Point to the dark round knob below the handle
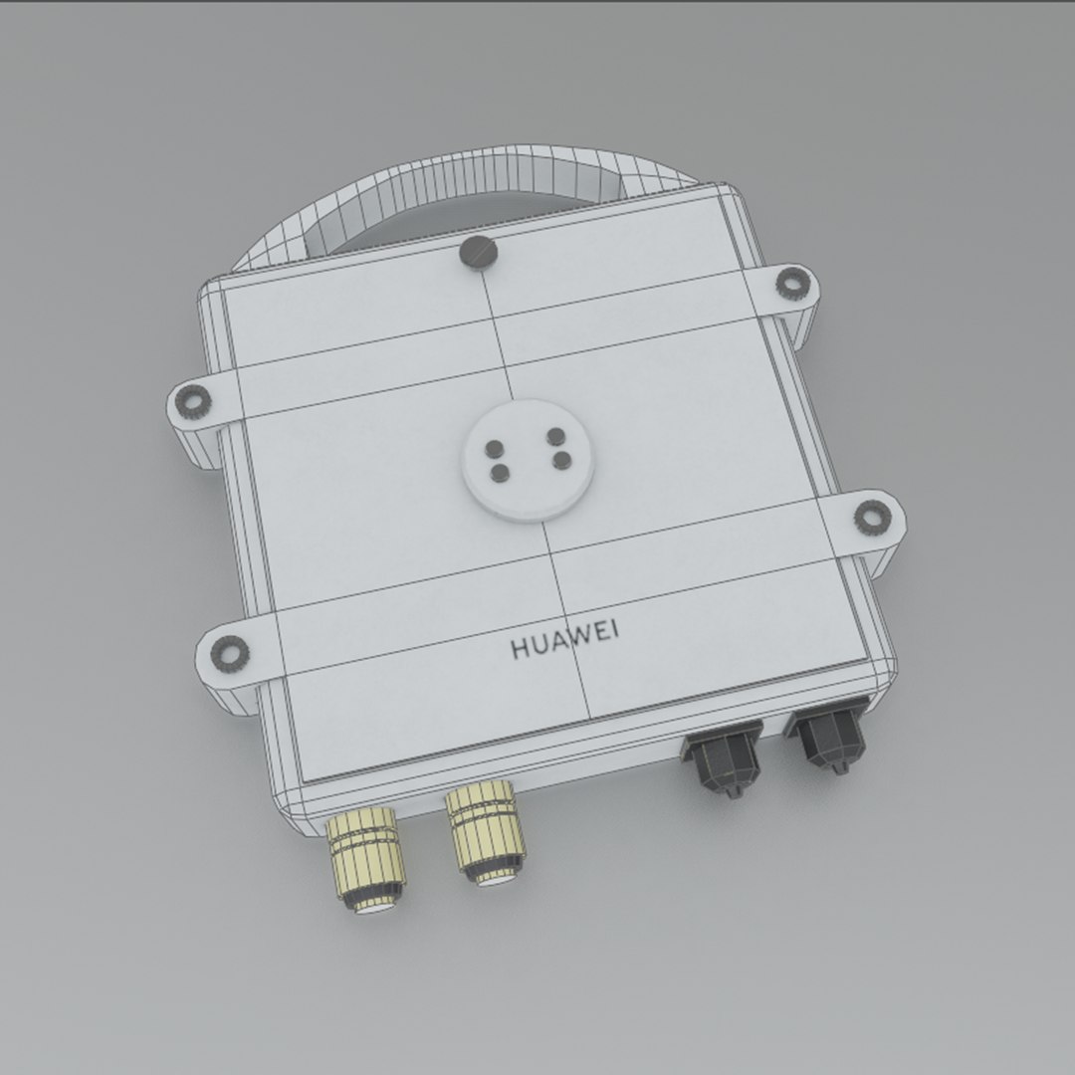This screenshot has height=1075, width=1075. point(479,253)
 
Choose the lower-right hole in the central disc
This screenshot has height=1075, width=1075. point(561,458)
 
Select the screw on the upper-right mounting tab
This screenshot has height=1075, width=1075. point(791,286)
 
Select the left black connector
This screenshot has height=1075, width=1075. point(723,760)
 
